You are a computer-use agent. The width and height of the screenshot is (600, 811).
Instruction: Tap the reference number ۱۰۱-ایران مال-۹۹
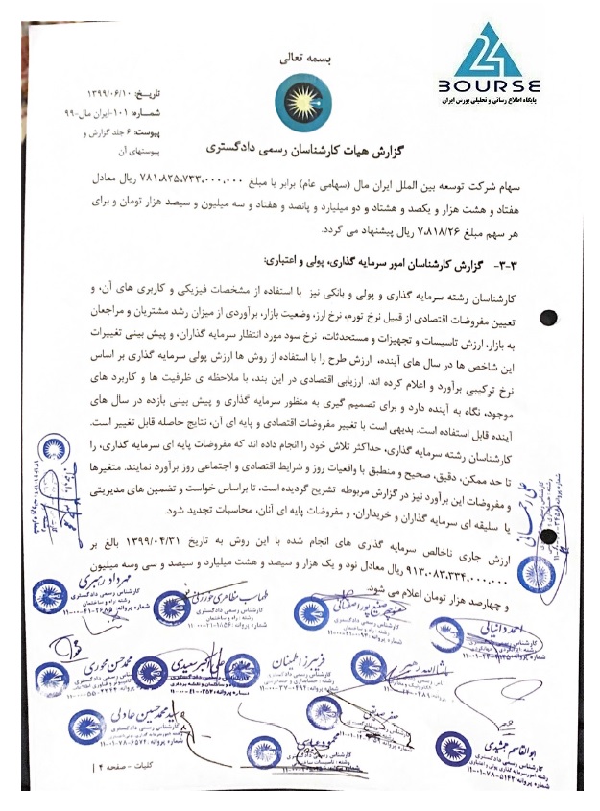94,111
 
